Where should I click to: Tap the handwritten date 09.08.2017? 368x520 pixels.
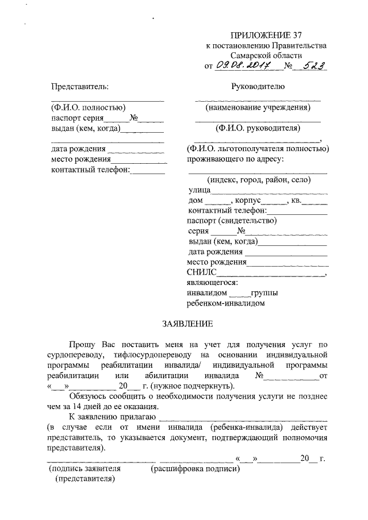[x=248, y=66]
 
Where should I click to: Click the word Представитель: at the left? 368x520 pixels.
[x=79, y=87]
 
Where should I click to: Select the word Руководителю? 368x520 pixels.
[x=258, y=87]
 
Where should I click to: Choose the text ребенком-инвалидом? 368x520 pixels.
[x=225, y=302]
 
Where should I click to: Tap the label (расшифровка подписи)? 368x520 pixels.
[x=195, y=469]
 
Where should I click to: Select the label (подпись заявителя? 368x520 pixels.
[x=86, y=469]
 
